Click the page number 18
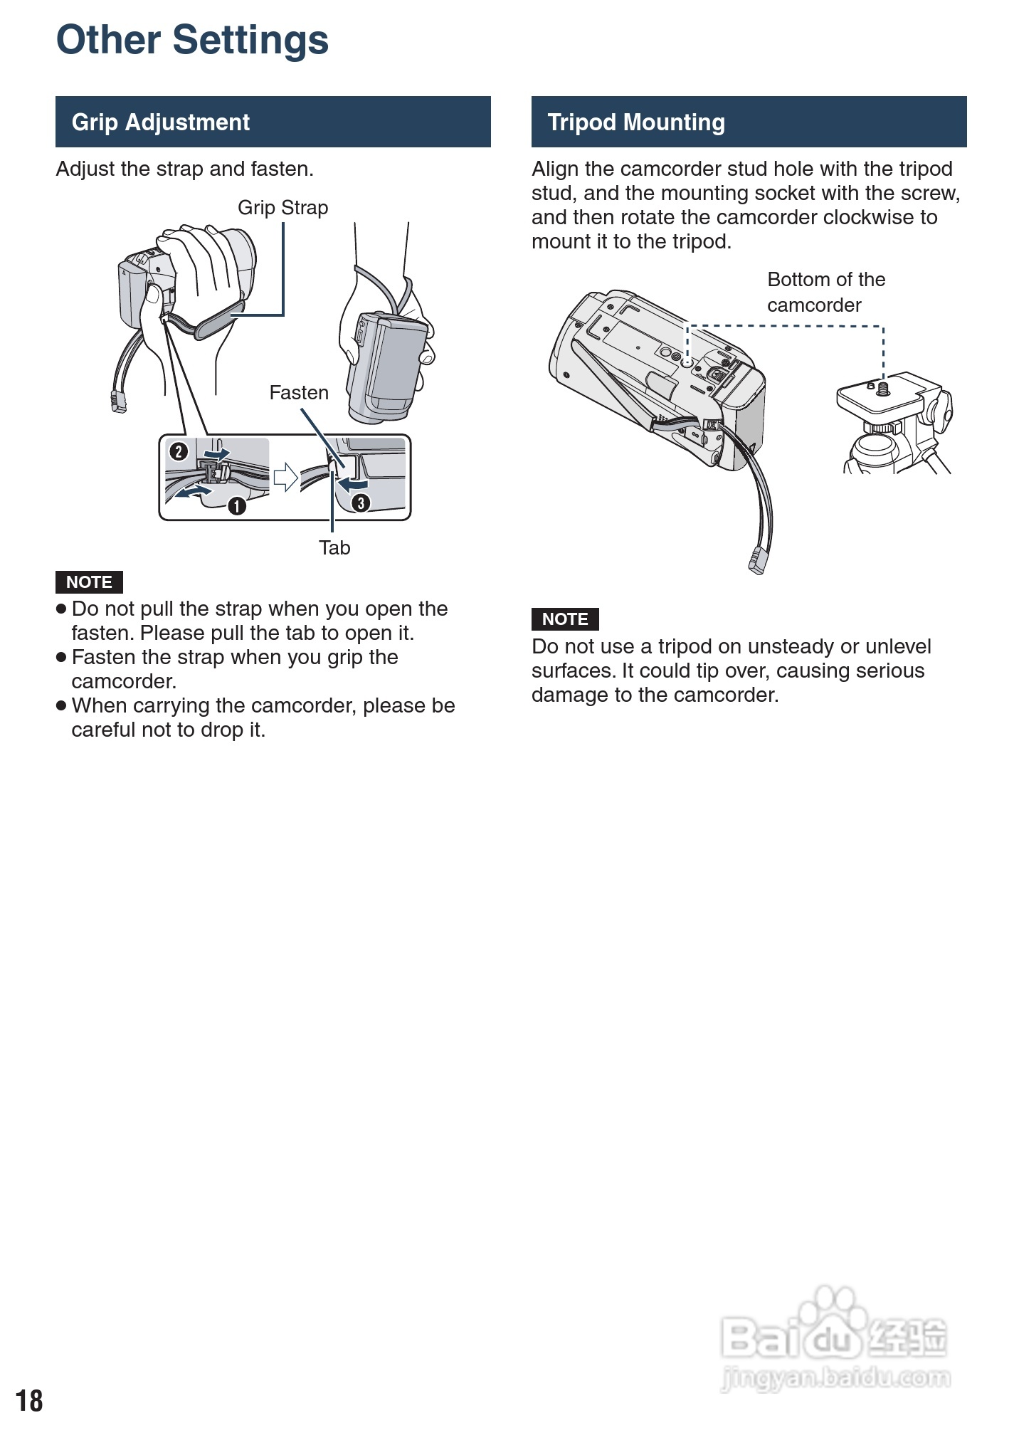click(x=29, y=1400)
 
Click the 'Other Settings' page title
click(x=192, y=40)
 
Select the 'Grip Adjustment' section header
click(x=161, y=122)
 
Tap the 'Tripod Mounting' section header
click(x=636, y=122)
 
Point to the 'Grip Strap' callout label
click(x=282, y=208)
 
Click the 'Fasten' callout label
click(x=299, y=393)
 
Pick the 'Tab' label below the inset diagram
click(x=334, y=548)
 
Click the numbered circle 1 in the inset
click(x=237, y=506)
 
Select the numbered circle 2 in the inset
click(x=178, y=451)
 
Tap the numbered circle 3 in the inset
click(x=361, y=503)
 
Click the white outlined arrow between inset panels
click(x=285, y=477)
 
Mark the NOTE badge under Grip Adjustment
click(x=89, y=582)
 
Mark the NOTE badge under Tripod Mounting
click(x=565, y=619)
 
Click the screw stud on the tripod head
click(x=884, y=389)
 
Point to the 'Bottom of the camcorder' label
click(x=825, y=292)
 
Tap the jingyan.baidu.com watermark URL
click(x=836, y=1379)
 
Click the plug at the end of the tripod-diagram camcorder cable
click(x=756, y=560)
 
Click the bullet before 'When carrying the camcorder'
click(x=61, y=705)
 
